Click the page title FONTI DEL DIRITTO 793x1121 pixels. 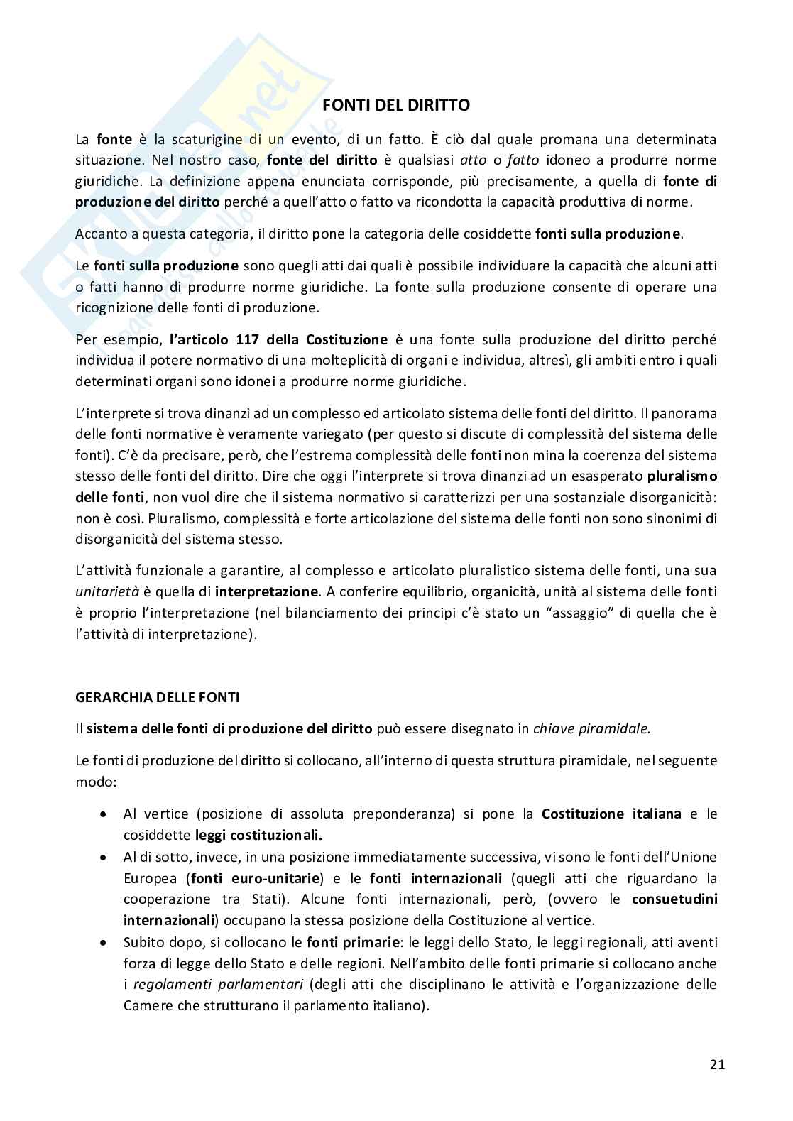pyautogui.click(x=396, y=106)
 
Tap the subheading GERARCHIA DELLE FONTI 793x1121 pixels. pyautogui.click(x=157, y=697)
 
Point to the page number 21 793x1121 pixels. pyautogui.click(x=716, y=1065)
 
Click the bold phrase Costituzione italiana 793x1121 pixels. pyautogui.click(x=611, y=814)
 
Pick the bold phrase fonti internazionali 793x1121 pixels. pyautogui.click(x=436, y=878)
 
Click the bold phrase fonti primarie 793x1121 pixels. pyautogui.click(x=351, y=942)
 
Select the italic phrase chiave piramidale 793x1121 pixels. pyautogui.click(x=590, y=728)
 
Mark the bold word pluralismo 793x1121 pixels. pyautogui.click(x=682, y=476)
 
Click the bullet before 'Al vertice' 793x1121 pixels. pyautogui.click(x=104, y=814)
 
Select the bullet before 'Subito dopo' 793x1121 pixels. pyautogui.click(x=104, y=943)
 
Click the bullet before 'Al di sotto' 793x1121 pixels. pyautogui.click(x=104, y=858)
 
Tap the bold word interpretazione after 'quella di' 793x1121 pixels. pyautogui.click(x=267, y=591)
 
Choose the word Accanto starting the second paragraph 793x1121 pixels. pyautogui.click(x=98, y=234)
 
